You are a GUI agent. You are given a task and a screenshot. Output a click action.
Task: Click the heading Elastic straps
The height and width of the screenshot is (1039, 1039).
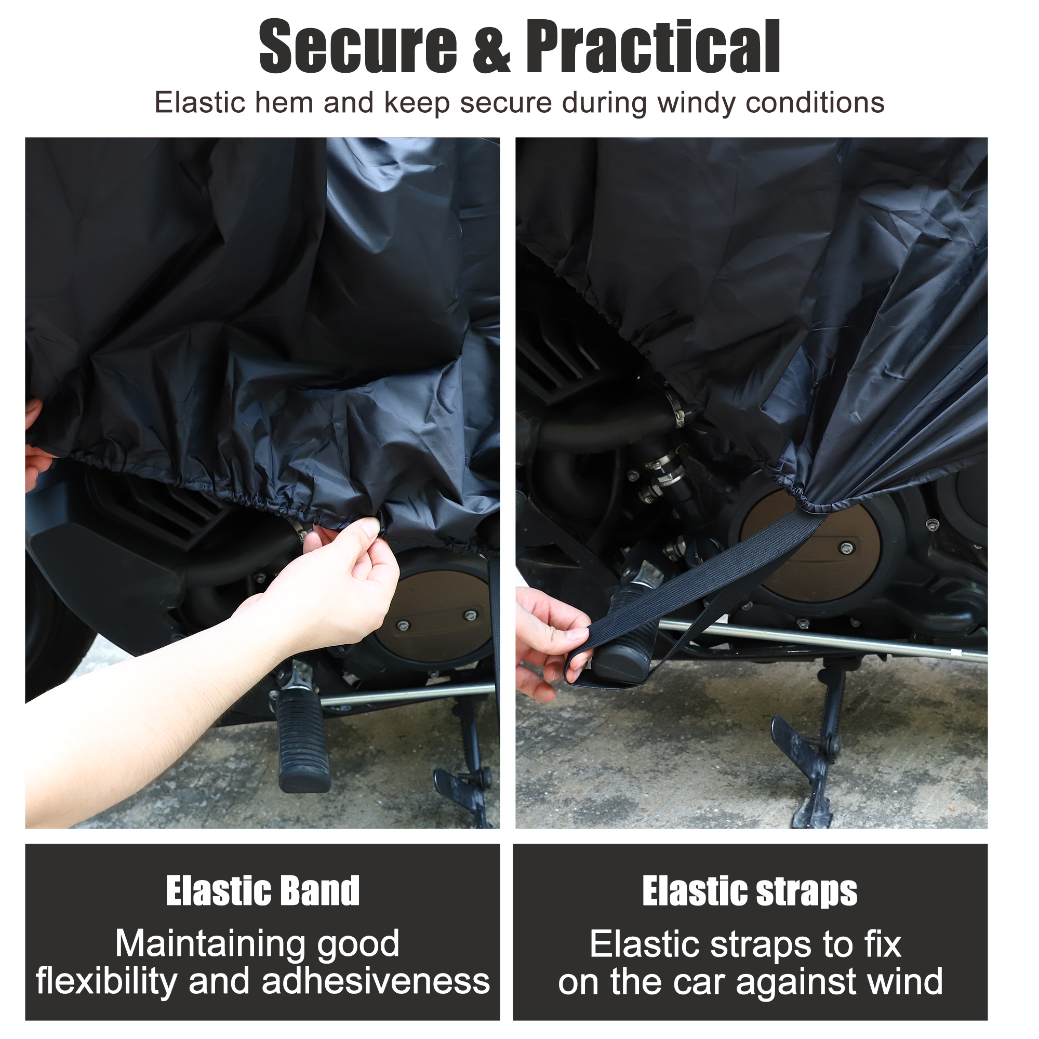point(750,894)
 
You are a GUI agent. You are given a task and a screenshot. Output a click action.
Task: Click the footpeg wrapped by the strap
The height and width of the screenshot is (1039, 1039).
point(629,632)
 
